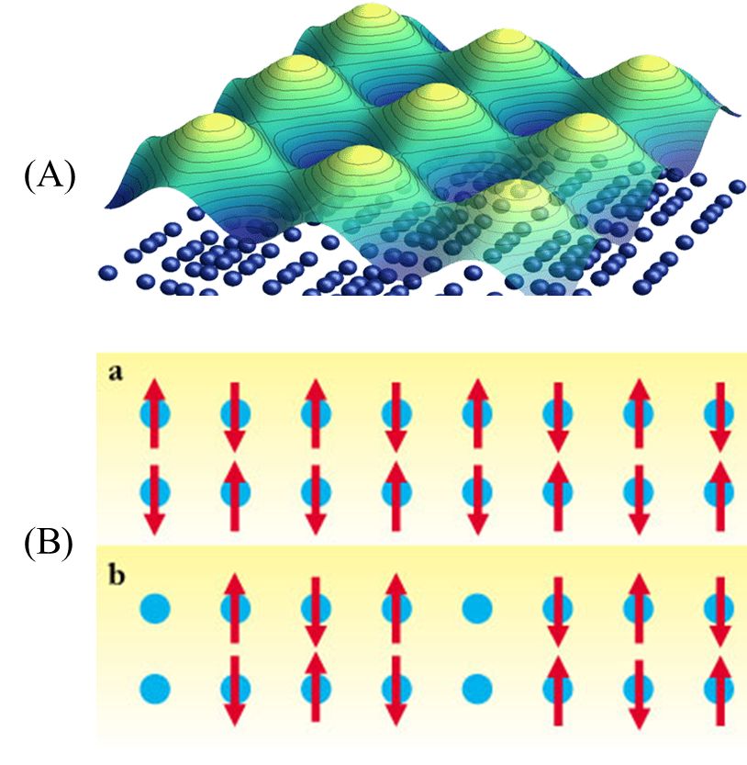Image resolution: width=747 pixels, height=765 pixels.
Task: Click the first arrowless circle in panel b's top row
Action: tap(154, 607)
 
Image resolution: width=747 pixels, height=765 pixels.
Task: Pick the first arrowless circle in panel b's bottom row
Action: tap(154, 686)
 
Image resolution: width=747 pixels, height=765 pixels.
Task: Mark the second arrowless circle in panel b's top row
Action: tap(475, 607)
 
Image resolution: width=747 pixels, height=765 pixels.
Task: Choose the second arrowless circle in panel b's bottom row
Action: tap(475, 686)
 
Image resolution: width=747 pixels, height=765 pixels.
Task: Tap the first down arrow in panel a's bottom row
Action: tap(154, 497)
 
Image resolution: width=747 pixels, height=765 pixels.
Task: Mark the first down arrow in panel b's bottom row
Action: tap(234, 689)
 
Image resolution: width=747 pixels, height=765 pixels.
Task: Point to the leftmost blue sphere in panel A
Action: tap(108, 272)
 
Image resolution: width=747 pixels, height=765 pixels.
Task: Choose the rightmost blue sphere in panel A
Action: tap(736, 186)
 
